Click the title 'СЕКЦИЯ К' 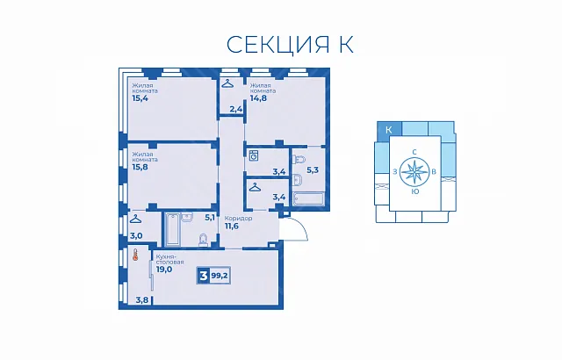pos(290,45)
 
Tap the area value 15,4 pos(140,98)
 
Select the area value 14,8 pos(258,98)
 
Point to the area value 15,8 pos(140,167)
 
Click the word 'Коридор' pos(238,218)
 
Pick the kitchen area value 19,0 pos(164,269)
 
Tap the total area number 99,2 pos(220,277)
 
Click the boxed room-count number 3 pos(204,277)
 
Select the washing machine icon pos(254,155)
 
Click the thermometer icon pos(135,255)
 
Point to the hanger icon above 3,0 pos(135,219)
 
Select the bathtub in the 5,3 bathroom pos(308,199)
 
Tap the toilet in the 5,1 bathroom pos(203,240)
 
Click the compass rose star pos(414,171)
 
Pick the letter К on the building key pos(389,130)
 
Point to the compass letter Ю pos(415,191)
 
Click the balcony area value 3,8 pos(142,299)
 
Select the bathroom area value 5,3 pos(313,170)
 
